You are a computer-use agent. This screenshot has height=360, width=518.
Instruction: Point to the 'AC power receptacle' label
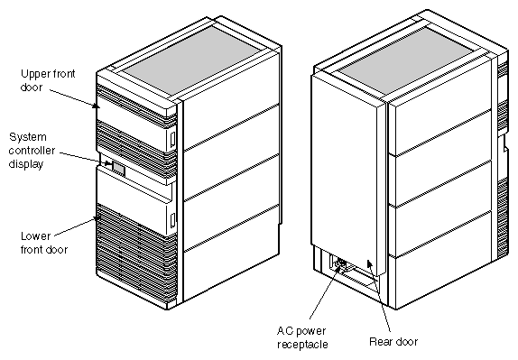(x=302, y=337)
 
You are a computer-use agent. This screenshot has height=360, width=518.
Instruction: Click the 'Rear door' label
(x=393, y=342)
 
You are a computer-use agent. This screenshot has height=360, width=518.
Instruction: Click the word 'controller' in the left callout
(x=34, y=150)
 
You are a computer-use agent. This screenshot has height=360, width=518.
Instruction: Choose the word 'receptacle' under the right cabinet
(x=302, y=344)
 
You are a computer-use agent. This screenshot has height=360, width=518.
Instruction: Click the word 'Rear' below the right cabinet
(x=381, y=342)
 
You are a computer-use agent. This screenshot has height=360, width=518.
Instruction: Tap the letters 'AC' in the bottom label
(x=282, y=331)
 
